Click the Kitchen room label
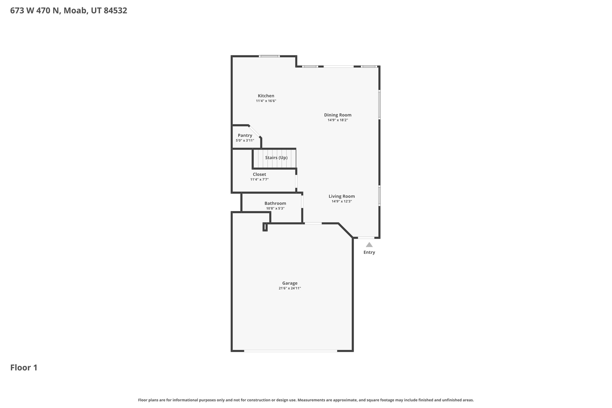(266, 96)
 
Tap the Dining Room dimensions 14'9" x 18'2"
(338, 120)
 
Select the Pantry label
(245, 135)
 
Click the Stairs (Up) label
(276, 158)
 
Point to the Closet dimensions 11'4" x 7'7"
(259, 179)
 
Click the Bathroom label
(275, 203)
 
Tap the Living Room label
(342, 196)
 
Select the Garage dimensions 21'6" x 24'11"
(290, 288)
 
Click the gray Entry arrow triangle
(369, 245)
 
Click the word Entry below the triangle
(369, 252)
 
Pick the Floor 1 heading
(24, 368)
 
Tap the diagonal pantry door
(255, 131)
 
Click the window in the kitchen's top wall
(269, 56)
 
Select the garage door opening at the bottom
(290, 351)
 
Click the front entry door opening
(366, 238)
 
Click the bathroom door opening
(302, 202)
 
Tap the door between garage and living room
(313, 223)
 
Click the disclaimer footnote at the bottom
(306, 400)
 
